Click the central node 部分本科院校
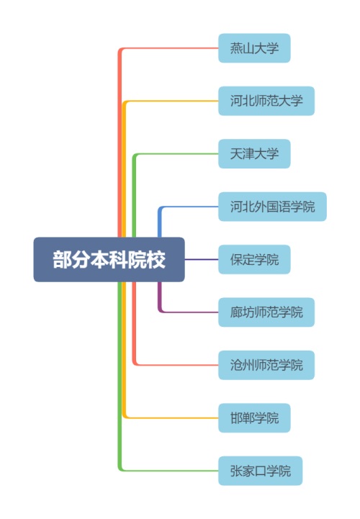[x=109, y=259]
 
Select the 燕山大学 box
[x=254, y=48]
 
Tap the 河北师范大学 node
[x=266, y=101]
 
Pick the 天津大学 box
[x=254, y=154]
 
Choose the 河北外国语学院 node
[x=272, y=207]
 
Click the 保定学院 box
[x=254, y=259]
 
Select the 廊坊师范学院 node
[x=266, y=312]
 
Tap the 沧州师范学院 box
[x=266, y=365]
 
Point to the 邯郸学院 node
[x=254, y=418]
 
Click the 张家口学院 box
[x=261, y=471]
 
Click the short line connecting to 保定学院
[x=202, y=259]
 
